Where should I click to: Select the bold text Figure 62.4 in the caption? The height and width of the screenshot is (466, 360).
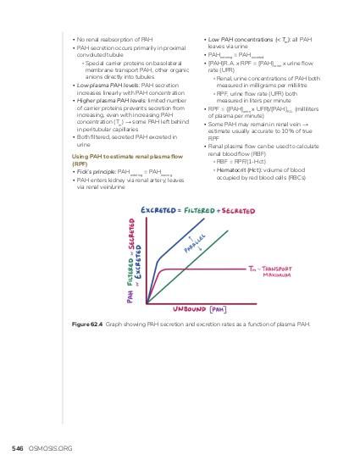(86, 324)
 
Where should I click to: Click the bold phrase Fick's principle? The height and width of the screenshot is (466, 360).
(96, 171)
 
